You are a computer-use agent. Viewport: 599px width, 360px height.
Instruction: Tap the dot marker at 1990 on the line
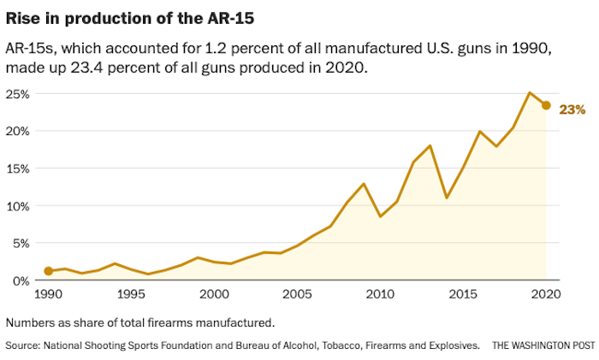(49, 271)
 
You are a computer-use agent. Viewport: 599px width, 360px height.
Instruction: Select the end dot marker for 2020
(546, 105)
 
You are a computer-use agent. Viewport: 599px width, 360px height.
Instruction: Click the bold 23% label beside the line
(572, 109)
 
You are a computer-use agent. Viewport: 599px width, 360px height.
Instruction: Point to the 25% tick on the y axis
(17, 93)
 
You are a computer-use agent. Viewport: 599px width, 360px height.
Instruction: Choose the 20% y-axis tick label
(17, 131)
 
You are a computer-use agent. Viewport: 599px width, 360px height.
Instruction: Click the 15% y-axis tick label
(17, 168)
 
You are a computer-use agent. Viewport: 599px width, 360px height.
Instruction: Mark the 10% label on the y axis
(17, 206)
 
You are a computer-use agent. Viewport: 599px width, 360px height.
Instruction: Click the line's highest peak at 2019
(530, 92)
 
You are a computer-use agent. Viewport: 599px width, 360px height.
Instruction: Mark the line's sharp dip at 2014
(447, 198)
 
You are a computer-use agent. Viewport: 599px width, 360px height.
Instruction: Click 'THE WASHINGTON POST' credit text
(542, 345)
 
